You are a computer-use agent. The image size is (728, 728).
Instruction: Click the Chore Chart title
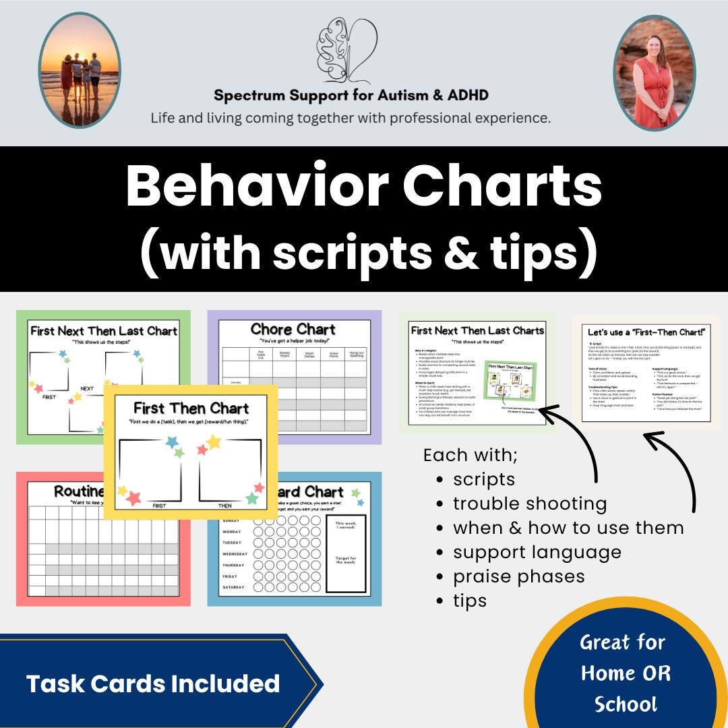(x=293, y=330)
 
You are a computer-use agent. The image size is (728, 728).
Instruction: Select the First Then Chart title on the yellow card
(x=191, y=408)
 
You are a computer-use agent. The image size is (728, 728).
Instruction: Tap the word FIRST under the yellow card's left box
(x=159, y=506)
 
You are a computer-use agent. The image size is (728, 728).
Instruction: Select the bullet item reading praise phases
(x=518, y=576)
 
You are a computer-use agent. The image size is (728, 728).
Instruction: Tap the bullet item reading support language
(x=537, y=552)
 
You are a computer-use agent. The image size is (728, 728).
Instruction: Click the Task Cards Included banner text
(x=152, y=684)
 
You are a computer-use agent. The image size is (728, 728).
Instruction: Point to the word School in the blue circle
(x=626, y=704)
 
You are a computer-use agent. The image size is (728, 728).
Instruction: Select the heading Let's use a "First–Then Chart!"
(x=645, y=332)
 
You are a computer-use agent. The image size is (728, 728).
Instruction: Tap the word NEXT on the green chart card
(x=88, y=389)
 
